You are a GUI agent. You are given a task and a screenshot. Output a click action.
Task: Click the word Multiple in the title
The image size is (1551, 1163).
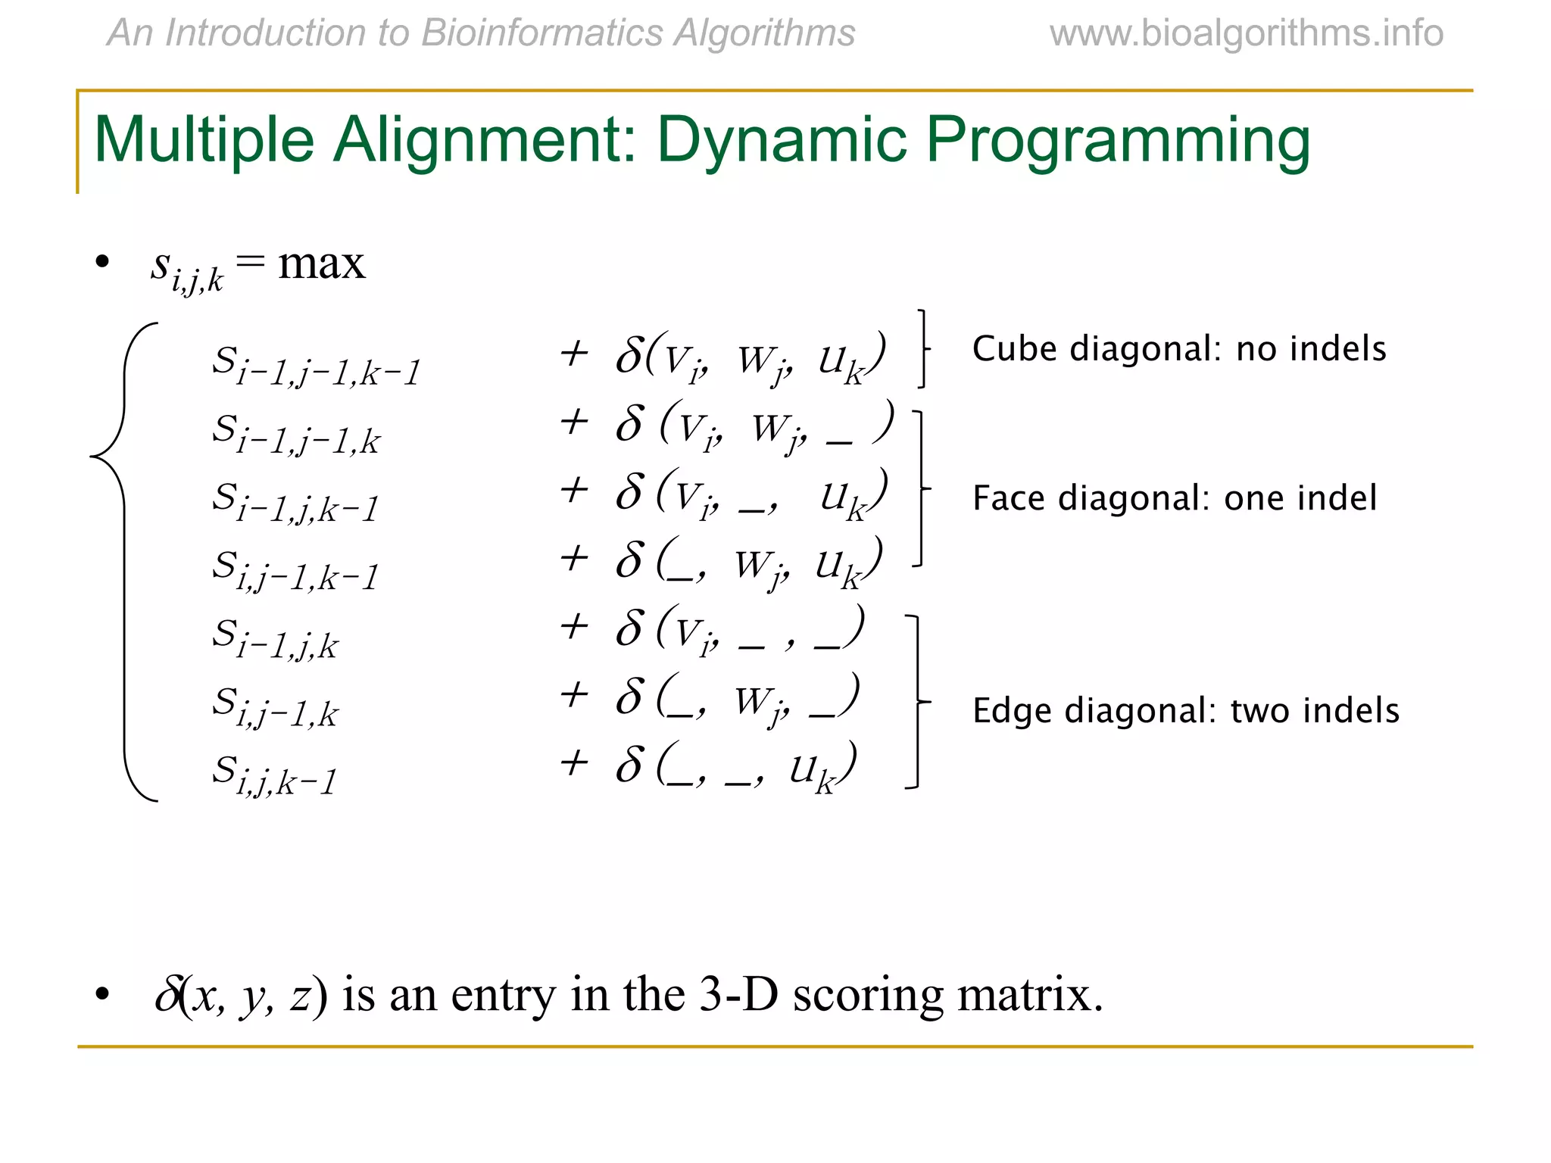point(204,142)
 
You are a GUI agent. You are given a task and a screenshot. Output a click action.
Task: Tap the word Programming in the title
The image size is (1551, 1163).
point(1118,142)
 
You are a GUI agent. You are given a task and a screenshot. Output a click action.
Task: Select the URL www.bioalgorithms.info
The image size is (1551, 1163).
point(1246,33)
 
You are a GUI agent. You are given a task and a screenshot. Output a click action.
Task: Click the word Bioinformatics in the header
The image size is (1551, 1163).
point(541,33)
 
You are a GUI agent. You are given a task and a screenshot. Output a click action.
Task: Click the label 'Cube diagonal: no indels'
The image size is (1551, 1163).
point(1178,349)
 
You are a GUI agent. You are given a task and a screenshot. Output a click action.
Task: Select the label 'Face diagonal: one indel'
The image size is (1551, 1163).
point(1174,498)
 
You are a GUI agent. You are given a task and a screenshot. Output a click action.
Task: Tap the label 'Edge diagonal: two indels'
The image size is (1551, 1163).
point(1185,711)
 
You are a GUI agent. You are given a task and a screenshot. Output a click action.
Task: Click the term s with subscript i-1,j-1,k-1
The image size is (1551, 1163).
point(315,366)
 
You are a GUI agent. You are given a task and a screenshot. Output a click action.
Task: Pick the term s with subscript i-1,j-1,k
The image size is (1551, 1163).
point(295,434)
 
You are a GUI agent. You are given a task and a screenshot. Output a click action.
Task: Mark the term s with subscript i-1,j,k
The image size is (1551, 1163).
point(274,638)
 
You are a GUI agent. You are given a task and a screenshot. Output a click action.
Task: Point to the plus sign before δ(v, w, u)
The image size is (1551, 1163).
point(574,353)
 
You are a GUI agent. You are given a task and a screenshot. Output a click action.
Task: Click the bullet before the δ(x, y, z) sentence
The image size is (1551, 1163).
point(103,994)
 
